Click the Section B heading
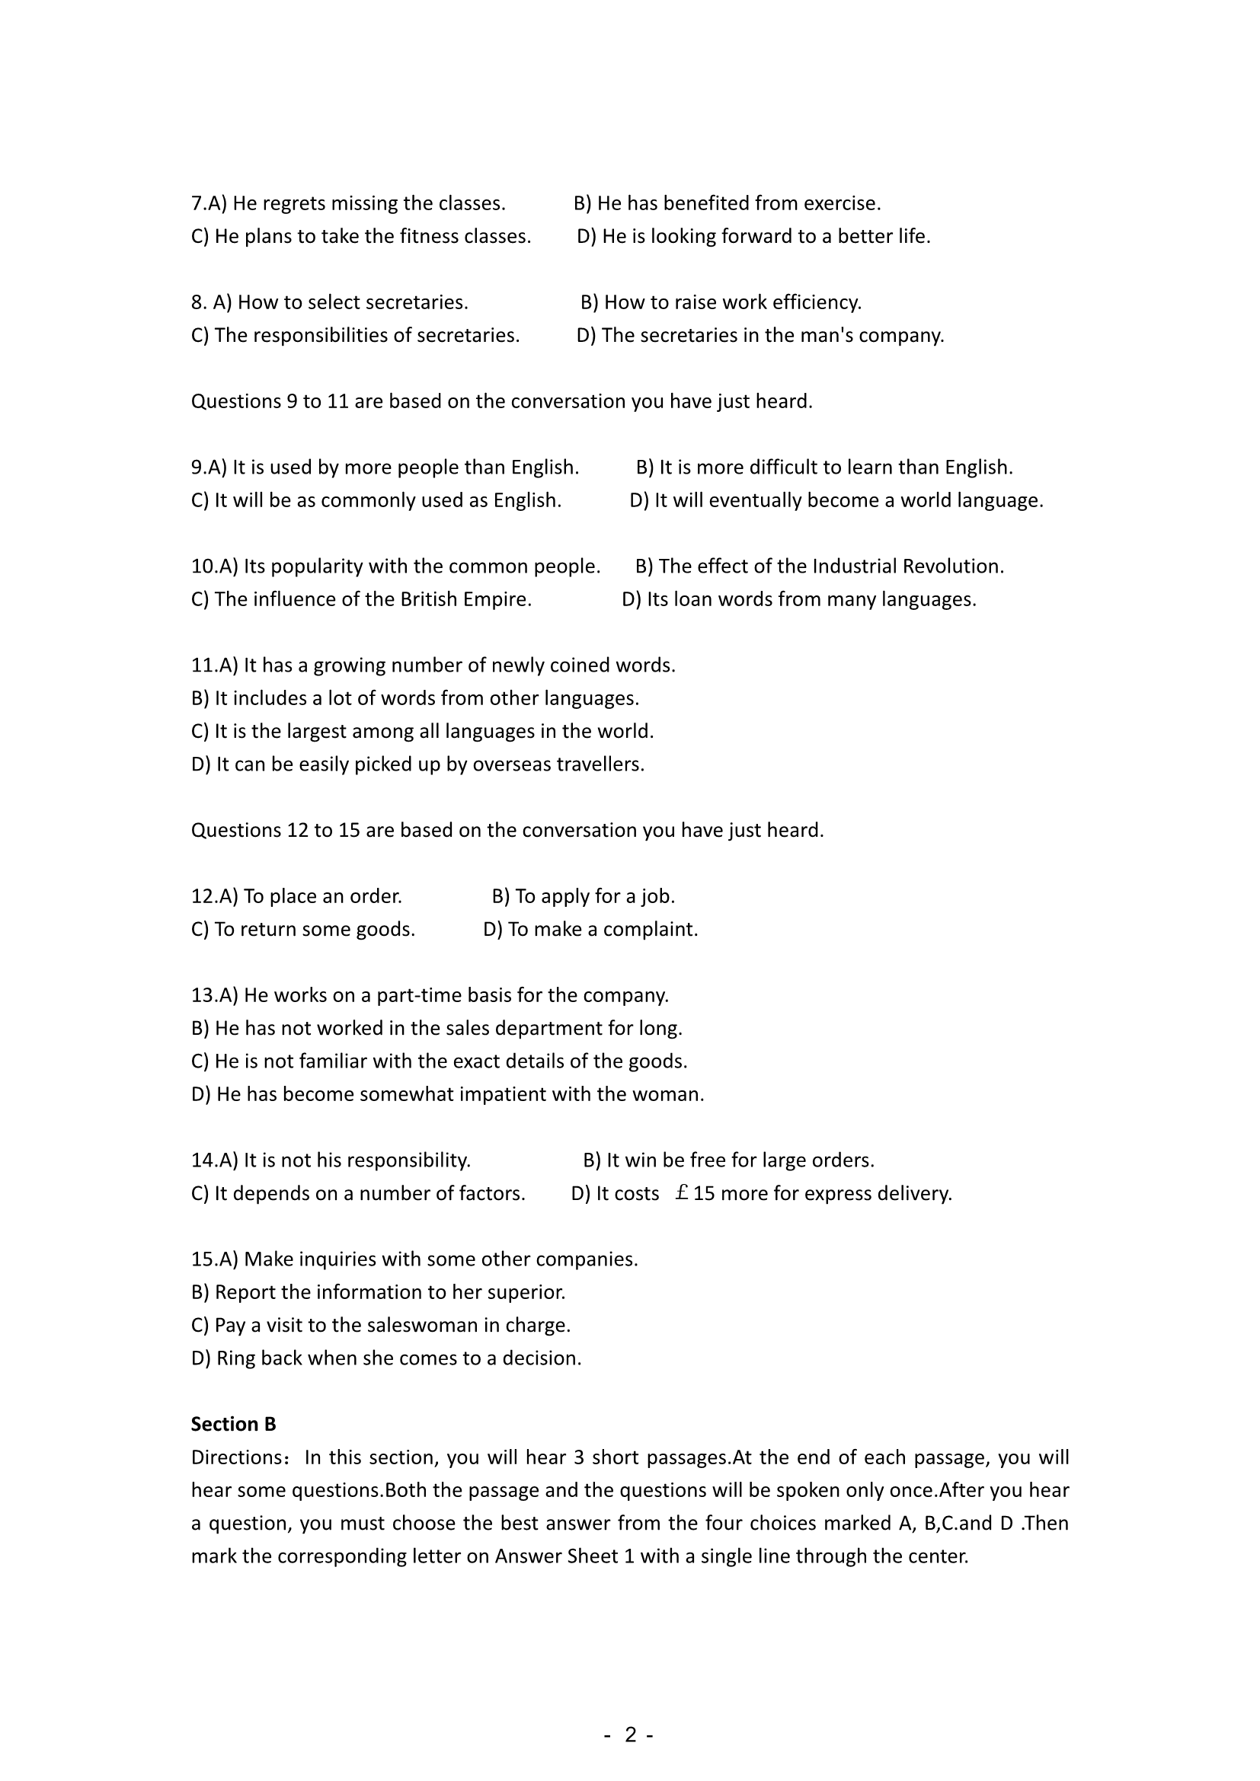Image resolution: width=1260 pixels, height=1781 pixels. (x=234, y=1424)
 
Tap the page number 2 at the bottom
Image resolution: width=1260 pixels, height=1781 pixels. (x=630, y=1735)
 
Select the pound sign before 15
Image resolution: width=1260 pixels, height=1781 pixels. (x=682, y=1193)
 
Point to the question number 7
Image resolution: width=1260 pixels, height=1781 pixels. (x=197, y=203)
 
